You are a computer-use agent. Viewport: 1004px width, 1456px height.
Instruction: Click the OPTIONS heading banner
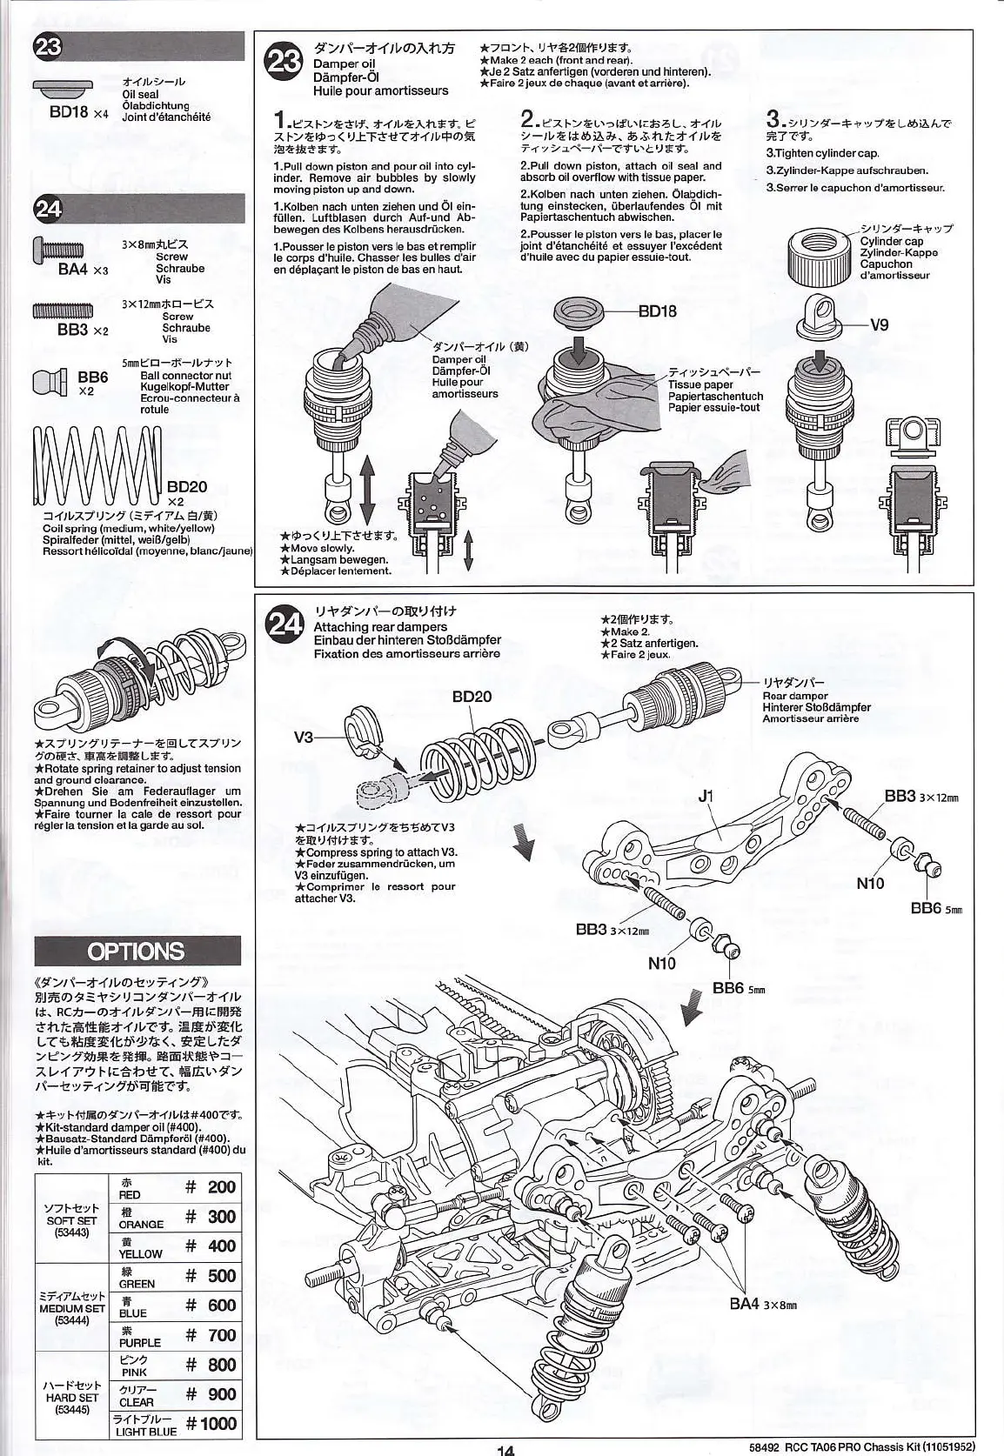coord(137,950)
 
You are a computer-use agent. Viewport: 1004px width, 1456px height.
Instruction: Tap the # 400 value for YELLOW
coord(211,1246)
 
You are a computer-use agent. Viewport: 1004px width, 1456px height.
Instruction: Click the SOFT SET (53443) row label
coord(71,1220)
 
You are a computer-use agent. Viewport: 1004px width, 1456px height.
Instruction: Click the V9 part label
coord(879,325)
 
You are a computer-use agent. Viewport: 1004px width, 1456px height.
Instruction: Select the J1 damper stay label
coord(706,795)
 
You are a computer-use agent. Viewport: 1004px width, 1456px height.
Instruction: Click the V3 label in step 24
coord(304,737)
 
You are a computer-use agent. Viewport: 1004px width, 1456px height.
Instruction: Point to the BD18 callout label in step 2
coord(657,311)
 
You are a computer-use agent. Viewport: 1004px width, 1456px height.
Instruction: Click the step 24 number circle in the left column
coord(48,209)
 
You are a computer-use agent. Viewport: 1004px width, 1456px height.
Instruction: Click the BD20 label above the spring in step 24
coord(472,696)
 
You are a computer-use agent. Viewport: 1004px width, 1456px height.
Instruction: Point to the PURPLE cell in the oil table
coord(140,1337)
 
